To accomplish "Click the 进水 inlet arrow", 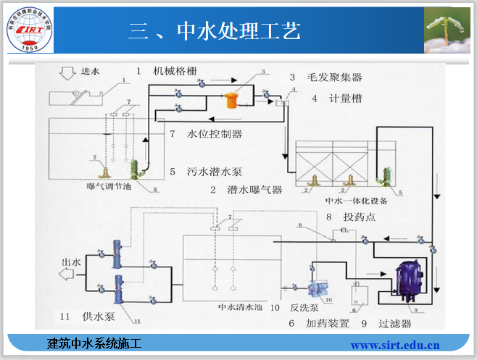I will [72, 73].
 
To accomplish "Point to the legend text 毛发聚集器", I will [335, 77].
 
